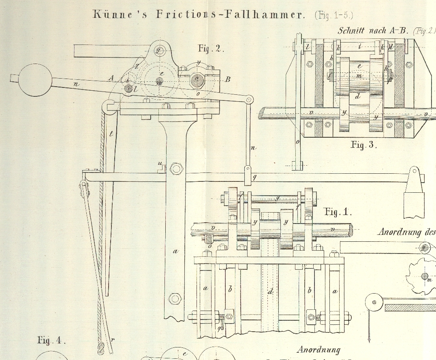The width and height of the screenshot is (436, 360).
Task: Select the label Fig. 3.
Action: [363, 145]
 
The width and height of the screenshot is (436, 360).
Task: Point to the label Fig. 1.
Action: [338, 211]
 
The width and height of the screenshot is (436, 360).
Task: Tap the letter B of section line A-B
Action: [228, 80]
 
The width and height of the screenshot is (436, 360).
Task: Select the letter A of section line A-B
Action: [111, 78]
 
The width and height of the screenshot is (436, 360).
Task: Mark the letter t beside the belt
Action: [111, 133]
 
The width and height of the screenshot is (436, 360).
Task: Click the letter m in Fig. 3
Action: [358, 76]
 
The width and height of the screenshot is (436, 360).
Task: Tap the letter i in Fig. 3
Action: [359, 47]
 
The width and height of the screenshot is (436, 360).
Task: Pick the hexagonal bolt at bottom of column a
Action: [175, 299]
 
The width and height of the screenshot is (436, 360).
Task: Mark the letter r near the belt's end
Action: [112, 341]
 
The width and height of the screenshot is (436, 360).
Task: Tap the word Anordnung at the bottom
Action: [318, 349]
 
